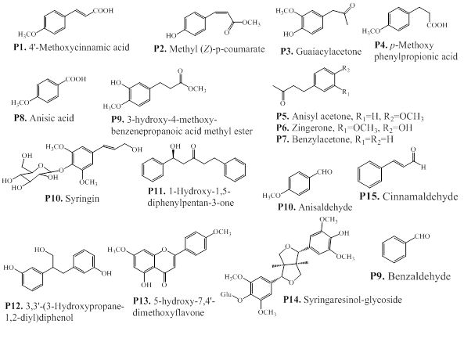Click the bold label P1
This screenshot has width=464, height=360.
coord(20,48)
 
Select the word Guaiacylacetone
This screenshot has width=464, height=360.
coord(329,52)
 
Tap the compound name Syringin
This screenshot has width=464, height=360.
coord(82,199)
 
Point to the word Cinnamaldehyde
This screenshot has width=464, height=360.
coord(420,196)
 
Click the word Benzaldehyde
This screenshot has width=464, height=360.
coord(419,276)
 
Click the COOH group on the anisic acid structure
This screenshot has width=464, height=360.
coord(76,79)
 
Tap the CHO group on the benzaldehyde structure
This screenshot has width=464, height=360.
coord(422,236)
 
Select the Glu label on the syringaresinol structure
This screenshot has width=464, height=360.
coord(226,294)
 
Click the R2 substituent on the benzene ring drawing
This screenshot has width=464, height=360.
coord(346,70)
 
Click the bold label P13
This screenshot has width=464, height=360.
coord(142,301)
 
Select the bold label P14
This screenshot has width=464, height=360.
coord(292,300)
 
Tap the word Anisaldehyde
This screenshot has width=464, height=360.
coord(326,207)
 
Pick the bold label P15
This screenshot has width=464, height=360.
coord(369,196)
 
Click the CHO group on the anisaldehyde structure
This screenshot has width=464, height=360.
coord(324,172)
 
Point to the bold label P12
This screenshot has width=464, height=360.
coord(15,306)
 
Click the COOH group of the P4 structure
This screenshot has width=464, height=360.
coord(437,26)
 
